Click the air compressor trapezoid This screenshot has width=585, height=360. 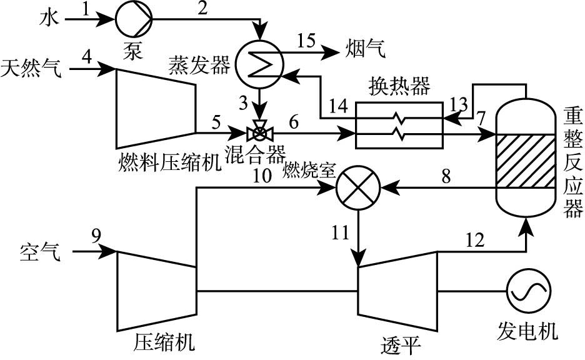pos(157,291)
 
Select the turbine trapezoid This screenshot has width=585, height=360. pos(397,291)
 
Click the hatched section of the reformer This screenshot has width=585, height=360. pos(526,161)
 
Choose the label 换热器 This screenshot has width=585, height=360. pos(401,87)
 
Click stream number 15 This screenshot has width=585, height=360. pos(308,40)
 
